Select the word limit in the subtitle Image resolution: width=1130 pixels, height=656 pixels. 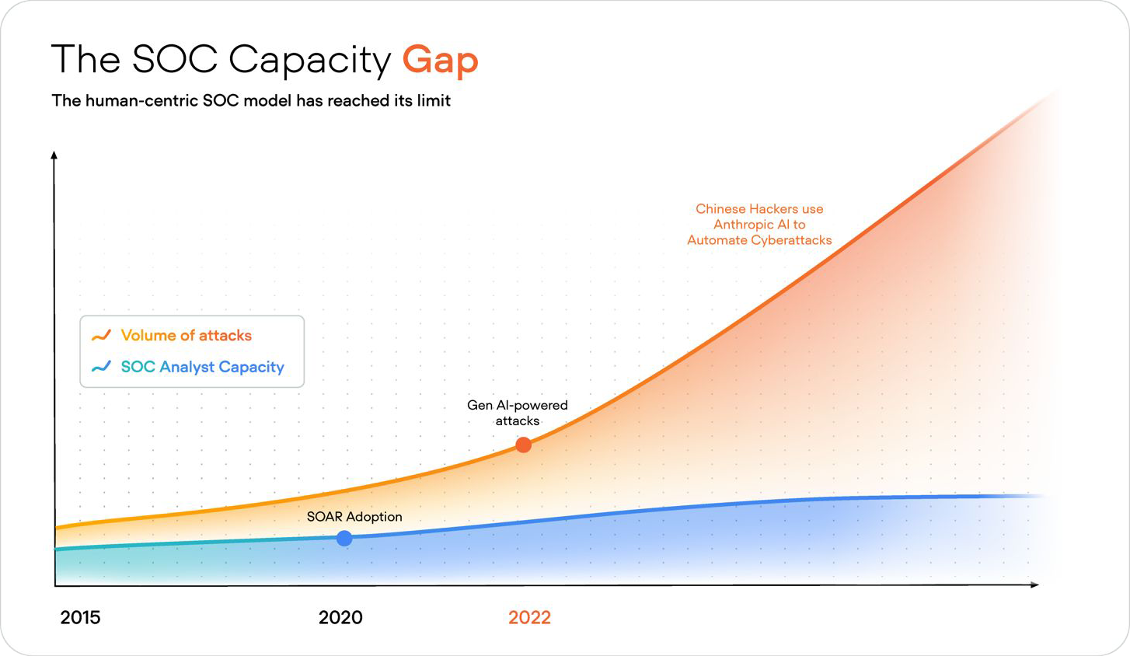pos(433,100)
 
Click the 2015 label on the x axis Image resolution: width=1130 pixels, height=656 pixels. pos(80,618)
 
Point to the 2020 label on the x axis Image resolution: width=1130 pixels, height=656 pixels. pos(340,618)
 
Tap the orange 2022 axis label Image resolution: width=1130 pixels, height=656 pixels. pos(529,618)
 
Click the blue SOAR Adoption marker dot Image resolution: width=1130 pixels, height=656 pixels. pos(344,538)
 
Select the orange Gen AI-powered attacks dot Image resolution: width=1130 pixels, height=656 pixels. pos(524,445)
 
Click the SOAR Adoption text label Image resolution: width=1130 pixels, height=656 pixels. pos(354,517)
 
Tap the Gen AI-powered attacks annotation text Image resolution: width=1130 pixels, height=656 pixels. pos(518,413)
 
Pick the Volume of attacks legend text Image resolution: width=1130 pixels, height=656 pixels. pos(187,336)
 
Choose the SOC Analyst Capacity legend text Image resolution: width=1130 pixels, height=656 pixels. pos(202,367)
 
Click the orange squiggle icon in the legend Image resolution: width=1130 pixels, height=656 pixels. pos(101,336)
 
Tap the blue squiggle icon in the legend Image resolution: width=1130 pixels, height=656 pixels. pos(101,367)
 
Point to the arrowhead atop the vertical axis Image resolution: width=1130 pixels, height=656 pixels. pos(54,156)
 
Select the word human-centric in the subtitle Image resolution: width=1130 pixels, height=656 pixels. pos(141,100)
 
